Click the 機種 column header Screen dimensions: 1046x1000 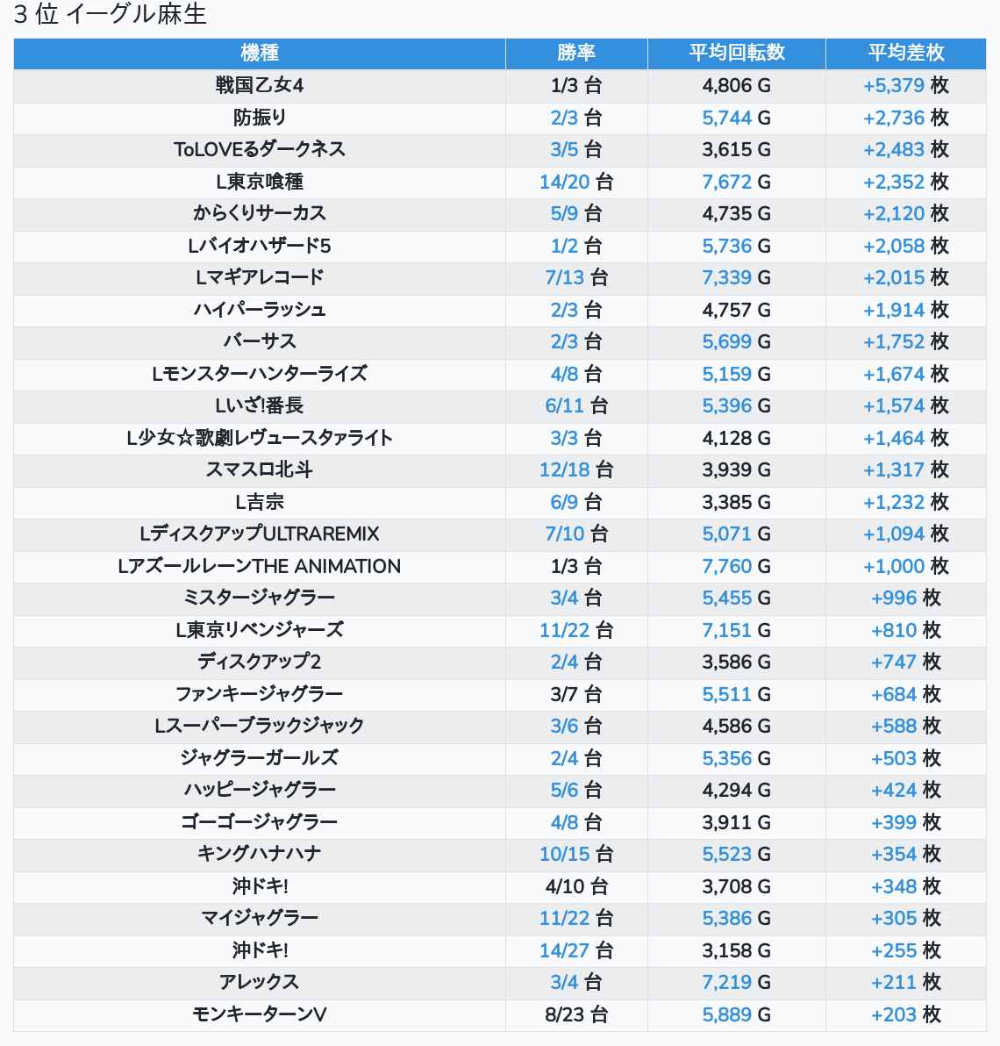tap(260, 53)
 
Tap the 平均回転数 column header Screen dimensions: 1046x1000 tap(737, 53)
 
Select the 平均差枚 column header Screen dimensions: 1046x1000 tap(906, 53)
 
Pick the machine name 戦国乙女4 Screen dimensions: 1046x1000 tap(260, 85)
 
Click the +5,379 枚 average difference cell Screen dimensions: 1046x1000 tap(906, 85)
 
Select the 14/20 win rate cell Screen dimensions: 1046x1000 tap(576, 182)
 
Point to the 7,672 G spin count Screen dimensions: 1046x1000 tap(737, 182)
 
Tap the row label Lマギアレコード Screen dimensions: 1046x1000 tap(260, 277)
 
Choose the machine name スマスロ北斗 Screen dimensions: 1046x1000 tap(260, 469)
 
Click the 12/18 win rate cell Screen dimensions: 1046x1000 tap(576, 469)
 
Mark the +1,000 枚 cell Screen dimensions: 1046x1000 tap(906, 566)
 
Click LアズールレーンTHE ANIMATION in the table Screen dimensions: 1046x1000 tap(260, 566)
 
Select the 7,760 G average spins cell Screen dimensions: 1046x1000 tap(737, 566)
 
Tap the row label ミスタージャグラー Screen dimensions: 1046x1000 tap(260, 598)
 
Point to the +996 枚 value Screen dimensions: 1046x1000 tap(906, 598)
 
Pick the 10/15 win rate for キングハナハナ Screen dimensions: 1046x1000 tap(576, 854)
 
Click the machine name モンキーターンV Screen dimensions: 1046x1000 tap(260, 1014)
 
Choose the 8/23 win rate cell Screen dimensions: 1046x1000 tap(576, 1014)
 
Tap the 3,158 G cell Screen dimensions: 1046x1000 tap(737, 950)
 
